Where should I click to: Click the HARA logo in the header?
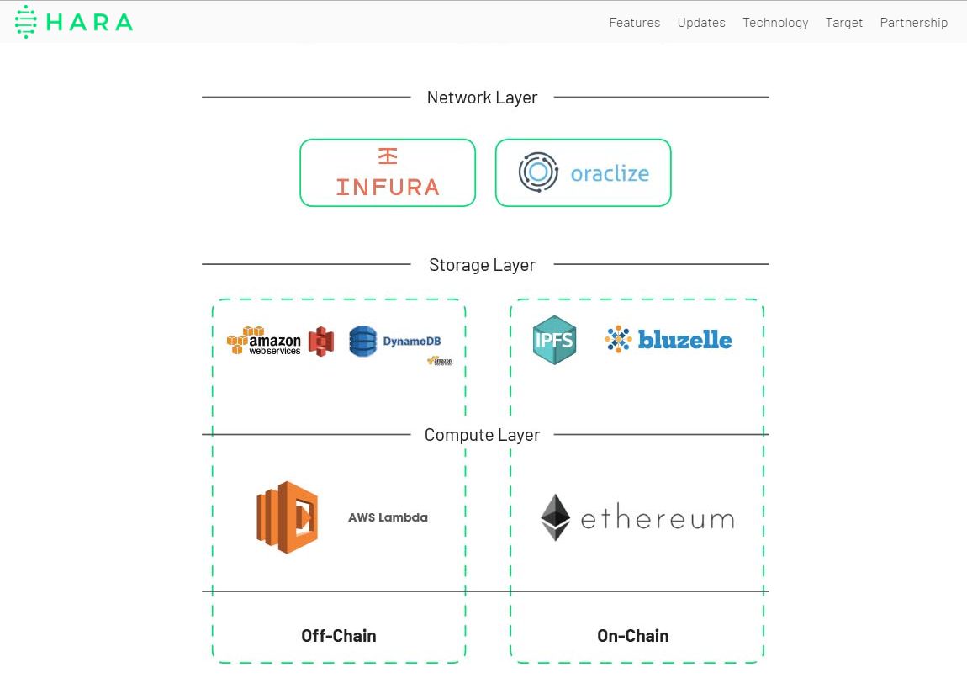pos(74,22)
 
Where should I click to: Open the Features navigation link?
pos(634,23)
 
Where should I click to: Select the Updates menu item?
pos(701,23)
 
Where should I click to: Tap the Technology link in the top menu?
pos(775,23)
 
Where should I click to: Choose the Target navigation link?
pos(843,23)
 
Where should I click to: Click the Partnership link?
pos(913,23)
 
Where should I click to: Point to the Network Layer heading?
pos(482,98)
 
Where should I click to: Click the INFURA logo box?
pos(388,172)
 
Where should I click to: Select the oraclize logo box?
pos(583,172)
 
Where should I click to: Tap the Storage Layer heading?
pos(482,265)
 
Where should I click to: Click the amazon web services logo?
pos(263,341)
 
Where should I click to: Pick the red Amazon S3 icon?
pos(321,342)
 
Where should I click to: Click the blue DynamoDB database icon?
pos(363,342)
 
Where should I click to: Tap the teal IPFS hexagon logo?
pos(554,340)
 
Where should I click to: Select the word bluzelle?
pos(684,340)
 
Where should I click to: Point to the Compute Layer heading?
pos(482,435)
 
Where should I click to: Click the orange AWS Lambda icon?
pos(287,517)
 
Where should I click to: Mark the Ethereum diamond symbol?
pos(555,517)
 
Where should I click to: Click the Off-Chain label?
pos(338,636)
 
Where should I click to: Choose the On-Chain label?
pos(632,636)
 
